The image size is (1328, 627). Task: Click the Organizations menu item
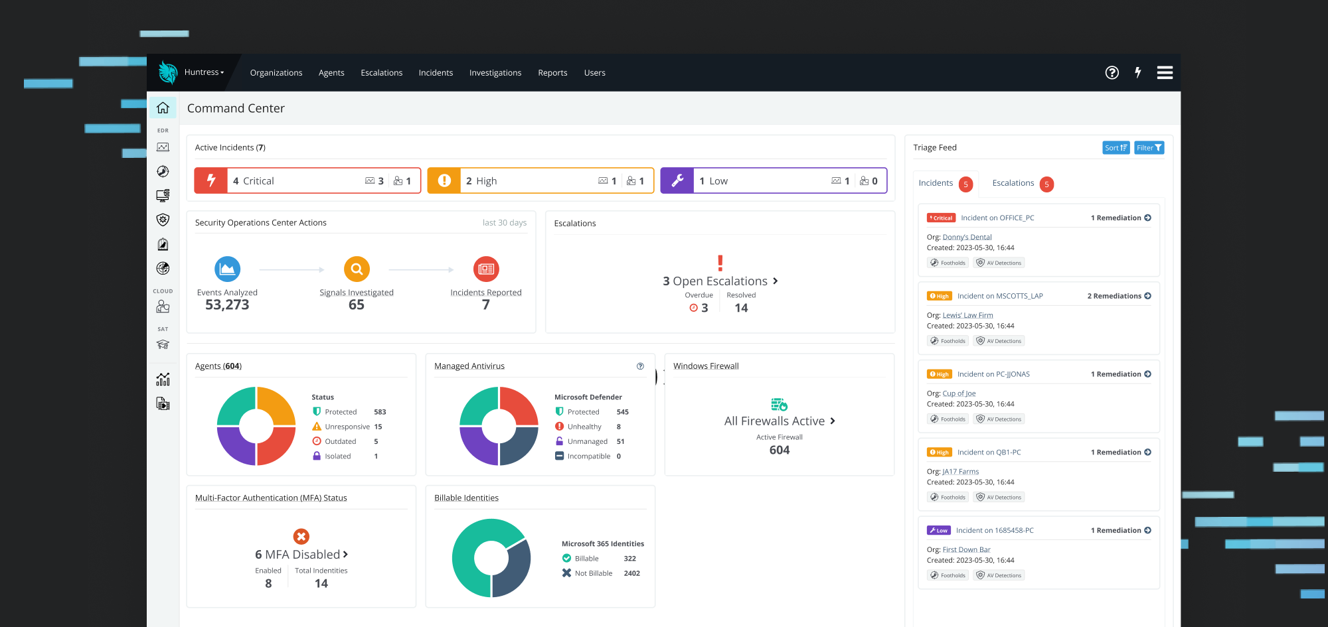[x=276, y=73]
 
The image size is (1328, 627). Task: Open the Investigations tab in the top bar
[x=495, y=73]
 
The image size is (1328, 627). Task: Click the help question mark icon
[x=1112, y=73]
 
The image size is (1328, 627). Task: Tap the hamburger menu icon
[x=1165, y=73]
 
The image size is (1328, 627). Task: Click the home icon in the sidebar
[x=163, y=107]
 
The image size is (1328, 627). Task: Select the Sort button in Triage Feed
[x=1116, y=148]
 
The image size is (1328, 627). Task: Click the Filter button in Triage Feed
[x=1149, y=148]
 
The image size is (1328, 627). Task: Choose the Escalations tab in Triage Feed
[x=1013, y=183]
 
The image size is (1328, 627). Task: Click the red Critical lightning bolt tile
[x=211, y=180]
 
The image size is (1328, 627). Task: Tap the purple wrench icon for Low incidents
[x=677, y=180]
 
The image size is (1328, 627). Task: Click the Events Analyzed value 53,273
[x=227, y=305]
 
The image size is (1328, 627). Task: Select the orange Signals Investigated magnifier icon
[x=357, y=269]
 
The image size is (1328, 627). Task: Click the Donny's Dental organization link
[x=967, y=237]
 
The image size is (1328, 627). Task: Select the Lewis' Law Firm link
[x=967, y=315]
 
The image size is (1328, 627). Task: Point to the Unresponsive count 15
[x=378, y=427]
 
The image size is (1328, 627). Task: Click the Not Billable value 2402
[x=631, y=573]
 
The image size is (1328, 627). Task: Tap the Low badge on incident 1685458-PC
[x=939, y=531]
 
